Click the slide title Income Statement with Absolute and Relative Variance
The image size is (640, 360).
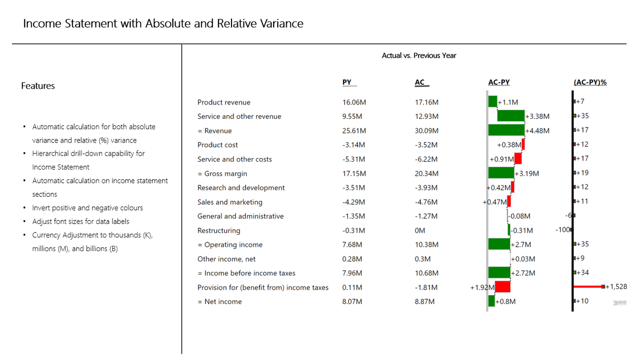pyautogui.click(x=163, y=23)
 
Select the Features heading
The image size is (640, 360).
pyautogui.click(x=38, y=86)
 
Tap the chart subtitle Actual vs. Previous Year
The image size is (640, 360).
pyautogui.click(x=419, y=55)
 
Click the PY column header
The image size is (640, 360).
pyautogui.click(x=347, y=82)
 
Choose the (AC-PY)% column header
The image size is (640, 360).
pyautogui.click(x=590, y=82)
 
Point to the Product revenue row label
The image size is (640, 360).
pyautogui.click(x=223, y=102)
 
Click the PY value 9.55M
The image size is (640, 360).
pyautogui.click(x=352, y=116)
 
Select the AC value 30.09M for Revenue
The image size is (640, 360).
pyautogui.click(x=427, y=131)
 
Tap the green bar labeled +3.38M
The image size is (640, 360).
pyautogui.click(x=511, y=116)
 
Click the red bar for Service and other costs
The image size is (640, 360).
pyautogui.click(x=518, y=158)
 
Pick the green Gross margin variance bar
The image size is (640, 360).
pyautogui.click(x=501, y=173)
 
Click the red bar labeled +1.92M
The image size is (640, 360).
pyautogui.click(x=502, y=286)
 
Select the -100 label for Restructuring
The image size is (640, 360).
pyautogui.click(x=562, y=230)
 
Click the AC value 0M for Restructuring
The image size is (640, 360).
pyautogui.click(x=420, y=230)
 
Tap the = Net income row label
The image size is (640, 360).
pyautogui.click(x=219, y=302)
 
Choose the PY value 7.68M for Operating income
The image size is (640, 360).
pyautogui.click(x=352, y=245)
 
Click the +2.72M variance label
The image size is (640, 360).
pyautogui.click(x=523, y=273)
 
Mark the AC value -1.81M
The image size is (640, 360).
pyautogui.click(x=426, y=287)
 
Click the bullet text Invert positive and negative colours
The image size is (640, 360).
pyautogui.click(x=87, y=207)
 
